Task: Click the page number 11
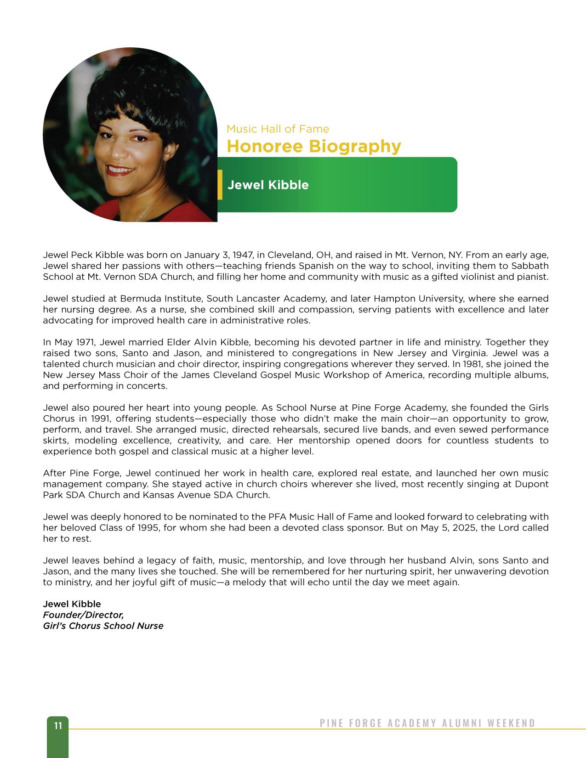(x=58, y=726)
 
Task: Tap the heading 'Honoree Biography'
(x=313, y=147)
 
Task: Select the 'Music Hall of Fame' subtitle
(x=278, y=129)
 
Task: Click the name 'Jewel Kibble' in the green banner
(x=268, y=185)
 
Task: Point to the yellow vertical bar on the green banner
(x=220, y=185)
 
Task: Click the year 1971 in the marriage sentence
(x=84, y=342)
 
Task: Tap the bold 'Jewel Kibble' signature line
(x=72, y=604)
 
